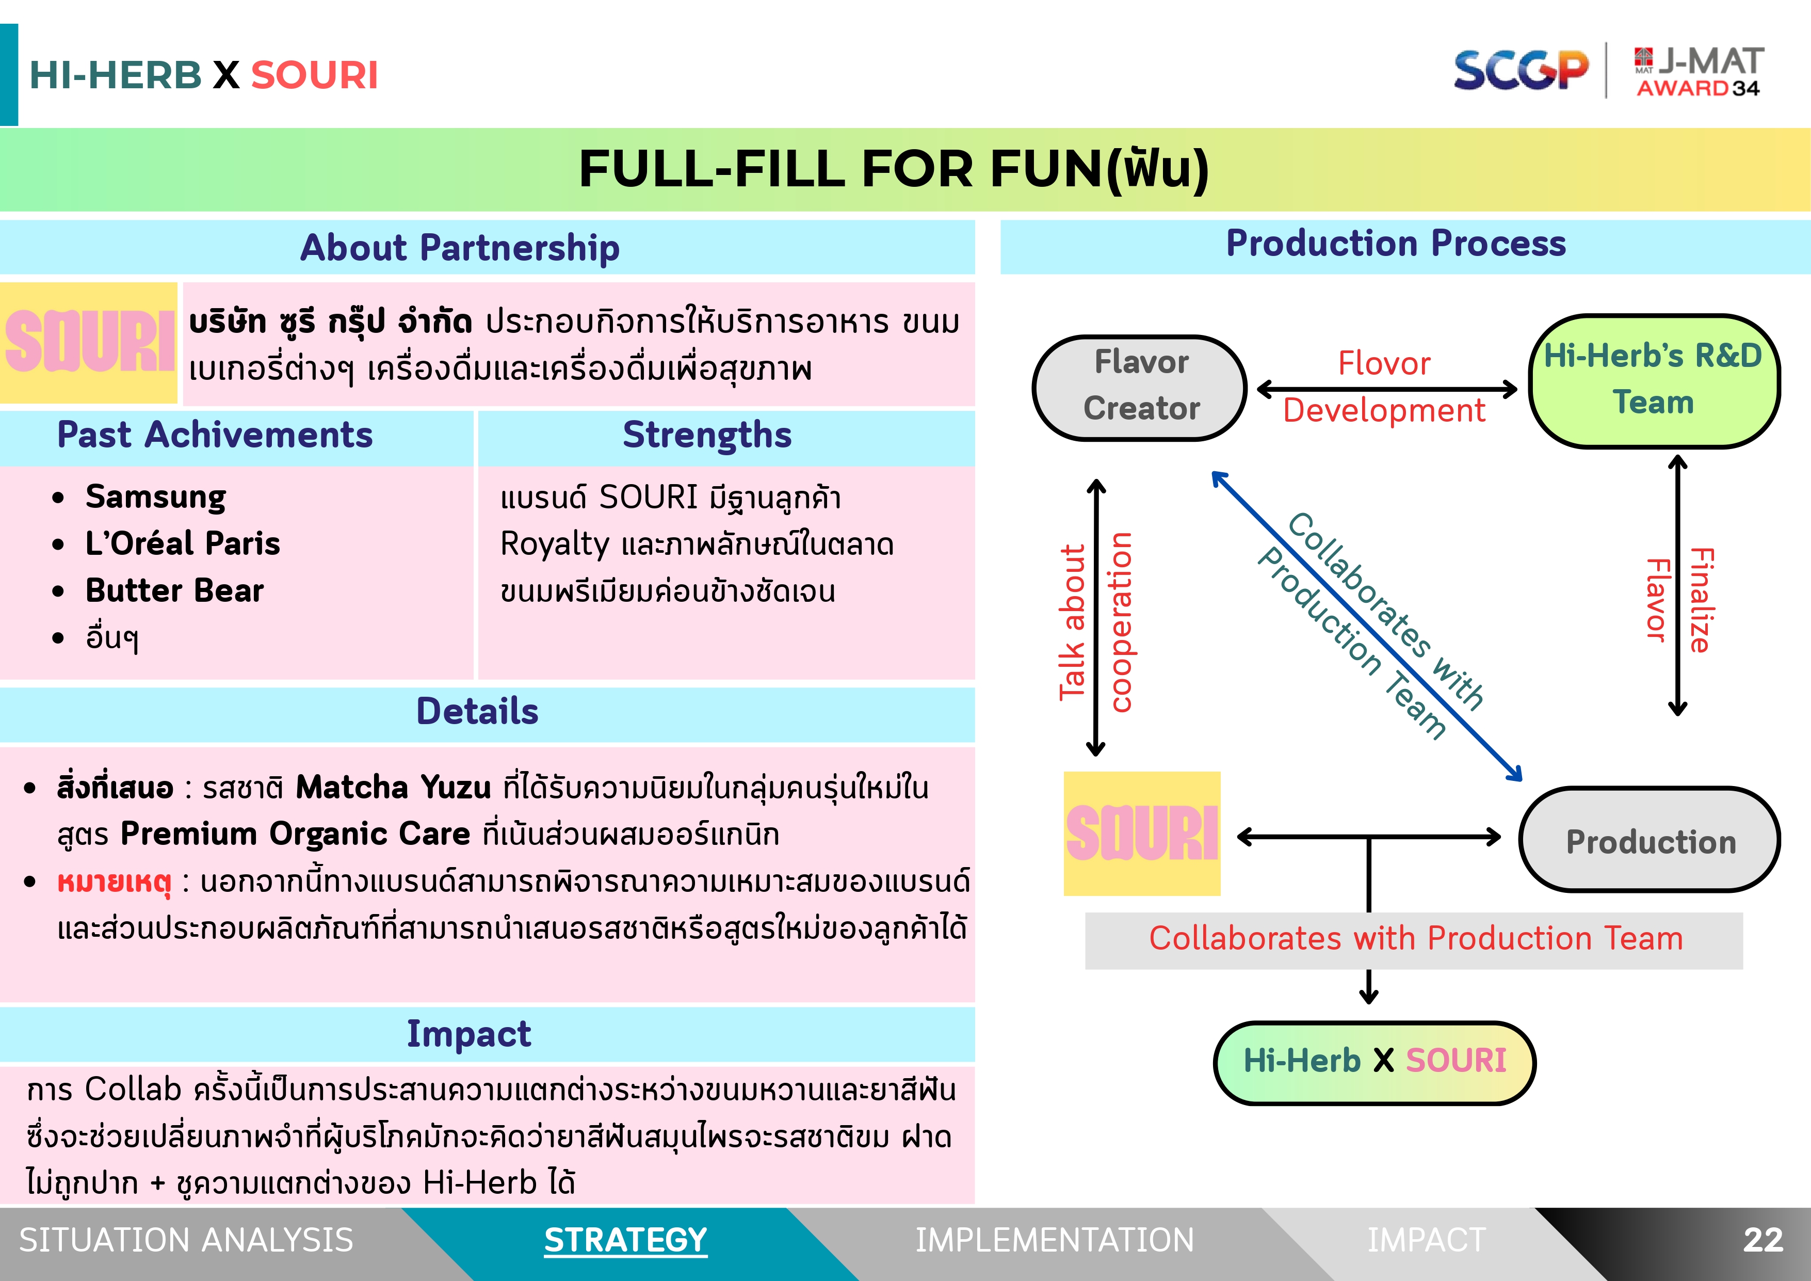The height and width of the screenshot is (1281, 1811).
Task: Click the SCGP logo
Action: click(1520, 70)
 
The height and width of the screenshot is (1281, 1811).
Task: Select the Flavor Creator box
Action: click(1140, 387)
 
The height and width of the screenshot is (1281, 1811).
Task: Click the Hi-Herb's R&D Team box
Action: click(1653, 381)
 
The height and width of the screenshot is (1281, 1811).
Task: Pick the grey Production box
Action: click(1650, 840)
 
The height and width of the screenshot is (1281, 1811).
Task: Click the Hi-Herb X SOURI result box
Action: click(1374, 1062)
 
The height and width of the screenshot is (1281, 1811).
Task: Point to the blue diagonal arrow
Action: click(1366, 626)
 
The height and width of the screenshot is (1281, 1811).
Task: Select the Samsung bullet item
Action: click(155, 497)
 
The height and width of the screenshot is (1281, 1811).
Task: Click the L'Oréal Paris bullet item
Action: click(182, 543)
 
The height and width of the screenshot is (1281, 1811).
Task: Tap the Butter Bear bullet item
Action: click(174, 590)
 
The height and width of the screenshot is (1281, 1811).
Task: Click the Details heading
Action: click(477, 712)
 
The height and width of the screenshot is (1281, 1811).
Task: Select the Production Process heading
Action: click(1395, 243)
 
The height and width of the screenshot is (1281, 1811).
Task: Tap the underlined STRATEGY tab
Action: click(625, 1240)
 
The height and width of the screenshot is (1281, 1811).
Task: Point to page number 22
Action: click(1763, 1240)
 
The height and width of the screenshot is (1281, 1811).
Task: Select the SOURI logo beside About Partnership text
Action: click(89, 342)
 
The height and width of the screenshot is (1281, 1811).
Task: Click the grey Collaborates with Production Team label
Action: click(1415, 939)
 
